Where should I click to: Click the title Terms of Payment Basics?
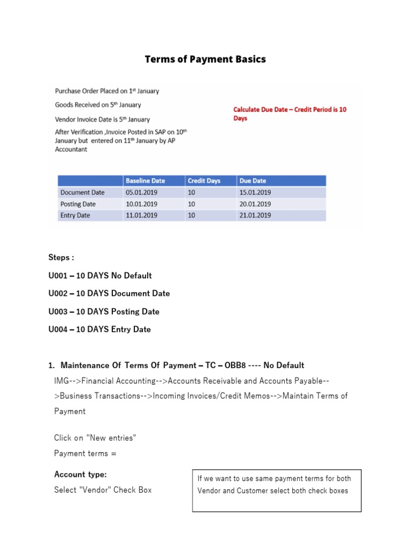tap(205, 59)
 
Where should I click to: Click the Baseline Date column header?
tap(142, 181)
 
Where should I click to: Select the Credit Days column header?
tap(204, 181)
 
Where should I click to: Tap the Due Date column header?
tap(253, 181)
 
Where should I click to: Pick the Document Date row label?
tap(82, 193)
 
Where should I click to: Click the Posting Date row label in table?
tap(78, 204)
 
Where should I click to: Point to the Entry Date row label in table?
tap(75, 215)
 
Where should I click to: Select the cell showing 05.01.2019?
tap(141, 193)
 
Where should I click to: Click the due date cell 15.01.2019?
tap(255, 193)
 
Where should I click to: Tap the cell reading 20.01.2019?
tap(255, 204)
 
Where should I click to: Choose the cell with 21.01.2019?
tap(255, 215)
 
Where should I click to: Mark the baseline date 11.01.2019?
tap(141, 215)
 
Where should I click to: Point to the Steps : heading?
tap(61, 257)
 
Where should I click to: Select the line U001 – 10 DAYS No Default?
tap(100, 276)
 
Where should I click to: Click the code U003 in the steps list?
tap(59, 311)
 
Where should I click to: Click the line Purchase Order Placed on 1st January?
tap(107, 91)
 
